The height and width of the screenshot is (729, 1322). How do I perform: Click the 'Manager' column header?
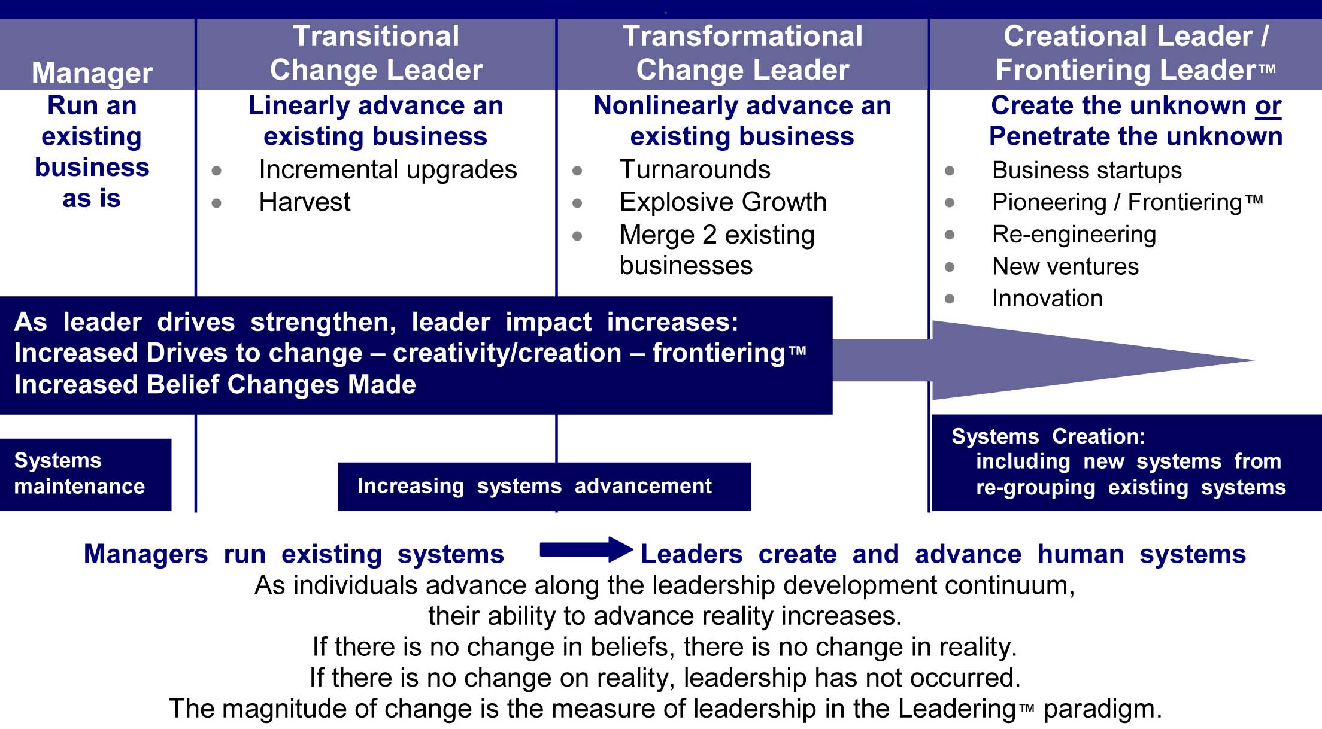coord(92,72)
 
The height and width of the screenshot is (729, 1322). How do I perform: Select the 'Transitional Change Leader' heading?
coord(376,53)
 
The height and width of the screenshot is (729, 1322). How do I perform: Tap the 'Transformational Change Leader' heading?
coord(742,53)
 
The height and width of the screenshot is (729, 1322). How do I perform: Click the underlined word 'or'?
coord(1268,106)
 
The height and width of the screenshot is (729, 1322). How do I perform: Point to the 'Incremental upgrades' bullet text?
coord(388,170)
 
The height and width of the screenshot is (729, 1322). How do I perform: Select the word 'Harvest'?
coord(305,202)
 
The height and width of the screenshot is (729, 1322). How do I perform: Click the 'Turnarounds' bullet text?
coord(695,170)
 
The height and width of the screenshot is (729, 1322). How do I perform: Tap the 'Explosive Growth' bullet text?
coord(723,202)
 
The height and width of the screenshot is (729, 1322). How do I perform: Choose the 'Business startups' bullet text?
coord(1087,171)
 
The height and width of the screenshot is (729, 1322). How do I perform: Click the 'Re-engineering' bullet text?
coord(1074,235)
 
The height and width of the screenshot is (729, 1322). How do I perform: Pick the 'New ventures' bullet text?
coord(1065,266)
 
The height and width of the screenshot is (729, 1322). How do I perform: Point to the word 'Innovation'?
coord(1047,298)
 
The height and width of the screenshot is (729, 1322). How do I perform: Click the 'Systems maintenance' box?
coord(86,475)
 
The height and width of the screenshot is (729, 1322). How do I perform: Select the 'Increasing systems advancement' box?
coord(544,487)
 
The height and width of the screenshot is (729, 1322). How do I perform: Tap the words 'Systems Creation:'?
coord(1048,436)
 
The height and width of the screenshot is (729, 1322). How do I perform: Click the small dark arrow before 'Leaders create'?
coord(586,549)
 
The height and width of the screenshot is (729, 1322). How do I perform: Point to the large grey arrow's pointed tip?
coord(1254,360)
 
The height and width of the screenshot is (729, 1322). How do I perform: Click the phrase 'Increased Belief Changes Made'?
coord(215,385)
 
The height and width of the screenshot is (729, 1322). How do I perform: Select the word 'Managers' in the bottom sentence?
coord(146,555)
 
